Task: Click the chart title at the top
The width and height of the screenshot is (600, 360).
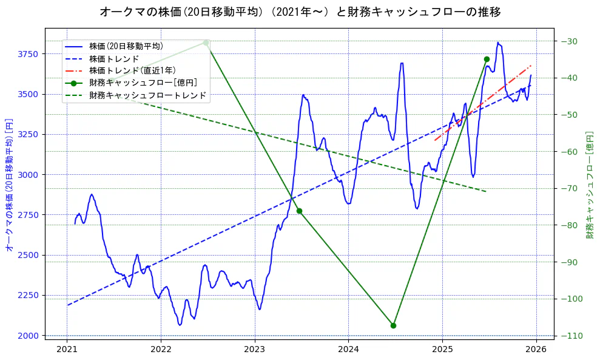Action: pos(300,12)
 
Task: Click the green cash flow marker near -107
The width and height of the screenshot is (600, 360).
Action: pos(393,325)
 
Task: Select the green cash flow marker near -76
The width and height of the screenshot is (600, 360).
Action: pos(299,211)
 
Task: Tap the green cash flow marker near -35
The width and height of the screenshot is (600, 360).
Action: pos(487,59)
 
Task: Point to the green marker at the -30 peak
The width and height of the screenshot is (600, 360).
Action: pos(206,42)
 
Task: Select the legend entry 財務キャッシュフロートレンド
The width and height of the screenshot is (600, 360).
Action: pos(147,95)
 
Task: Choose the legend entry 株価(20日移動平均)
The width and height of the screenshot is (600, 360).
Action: pos(126,46)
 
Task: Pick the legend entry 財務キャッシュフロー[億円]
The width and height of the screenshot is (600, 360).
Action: pos(143,83)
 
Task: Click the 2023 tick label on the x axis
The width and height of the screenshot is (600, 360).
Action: pos(255,350)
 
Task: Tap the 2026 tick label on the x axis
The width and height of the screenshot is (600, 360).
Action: pos(536,350)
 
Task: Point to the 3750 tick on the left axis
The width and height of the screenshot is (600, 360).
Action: pos(27,54)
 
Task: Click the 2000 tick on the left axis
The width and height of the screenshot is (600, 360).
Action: pos(27,336)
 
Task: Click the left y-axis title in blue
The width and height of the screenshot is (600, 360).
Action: pos(9,185)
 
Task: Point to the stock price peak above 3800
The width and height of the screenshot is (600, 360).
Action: pos(497,43)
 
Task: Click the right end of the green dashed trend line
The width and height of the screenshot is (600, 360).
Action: pos(485,191)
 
